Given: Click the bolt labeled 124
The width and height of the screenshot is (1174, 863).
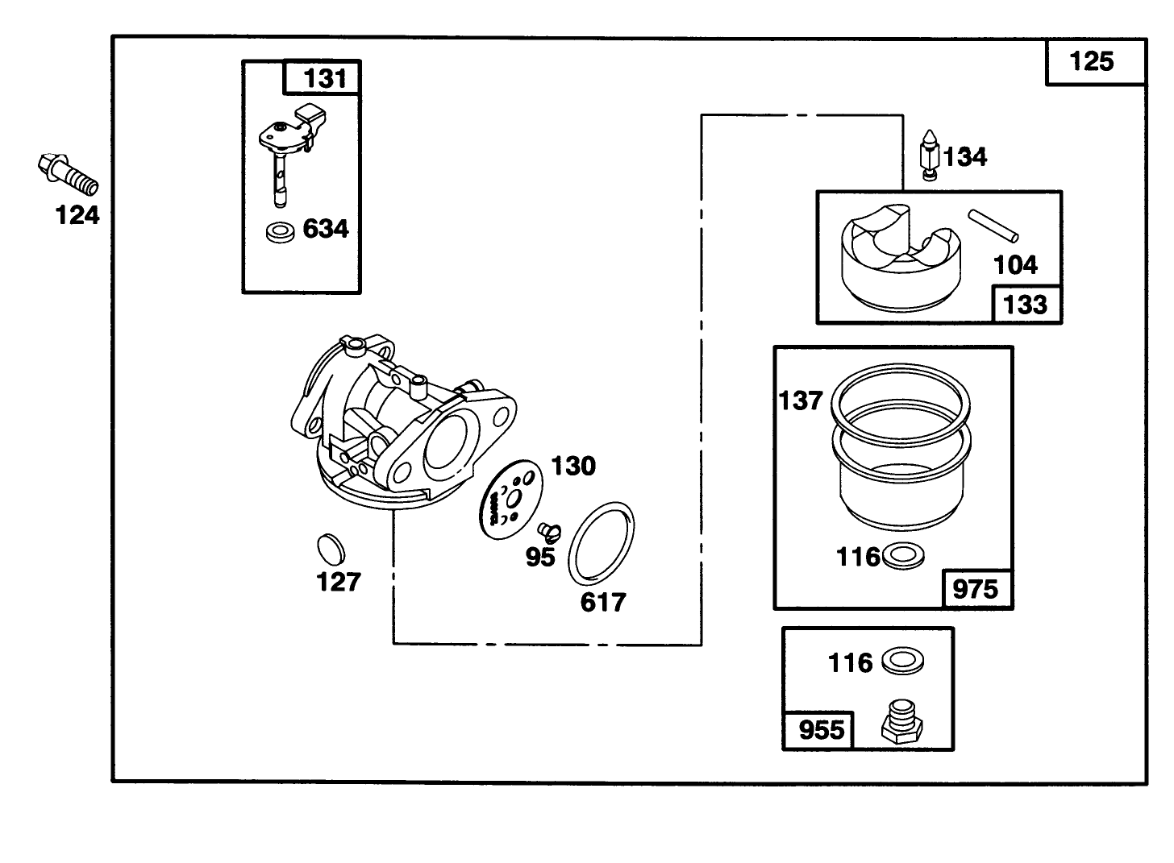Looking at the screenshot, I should (68, 174).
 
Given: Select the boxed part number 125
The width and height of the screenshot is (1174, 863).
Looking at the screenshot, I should (1093, 62).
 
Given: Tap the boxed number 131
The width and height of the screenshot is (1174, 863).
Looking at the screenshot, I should (323, 79).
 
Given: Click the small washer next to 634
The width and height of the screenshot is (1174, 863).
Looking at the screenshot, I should (280, 232).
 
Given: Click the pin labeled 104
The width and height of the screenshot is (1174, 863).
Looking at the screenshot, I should (993, 225).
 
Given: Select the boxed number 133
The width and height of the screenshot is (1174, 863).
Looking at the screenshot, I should (1026, 305).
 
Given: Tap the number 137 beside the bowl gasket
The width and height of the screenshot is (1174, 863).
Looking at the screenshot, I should (801, 400).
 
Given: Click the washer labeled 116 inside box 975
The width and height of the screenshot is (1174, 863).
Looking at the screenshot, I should (904, 555).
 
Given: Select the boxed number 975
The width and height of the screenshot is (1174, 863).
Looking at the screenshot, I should (976, 589).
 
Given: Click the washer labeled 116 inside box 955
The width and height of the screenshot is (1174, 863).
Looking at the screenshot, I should (902, 662).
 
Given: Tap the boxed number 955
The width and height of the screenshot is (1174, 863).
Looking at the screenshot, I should (822, 730).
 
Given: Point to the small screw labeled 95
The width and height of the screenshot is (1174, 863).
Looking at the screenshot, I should (547, 531).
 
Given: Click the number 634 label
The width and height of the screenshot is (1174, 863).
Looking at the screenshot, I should (326, 230).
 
